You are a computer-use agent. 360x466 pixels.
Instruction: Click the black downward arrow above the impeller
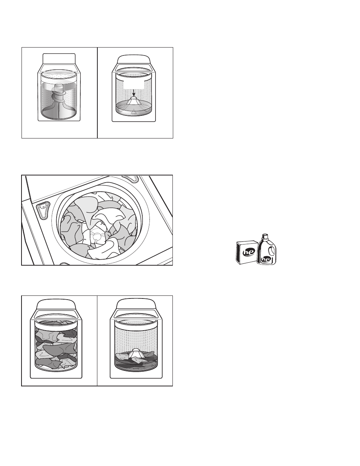click(134, 93)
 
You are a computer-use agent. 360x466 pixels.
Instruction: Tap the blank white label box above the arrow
click(134, 84)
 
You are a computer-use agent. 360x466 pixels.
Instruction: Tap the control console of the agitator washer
click(59, 58)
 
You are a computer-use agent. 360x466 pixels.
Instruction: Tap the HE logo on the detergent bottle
click(266, 259)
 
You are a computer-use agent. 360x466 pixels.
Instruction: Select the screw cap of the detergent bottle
click(265, 236)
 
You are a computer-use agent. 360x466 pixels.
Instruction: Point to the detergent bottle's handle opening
click(271, 250)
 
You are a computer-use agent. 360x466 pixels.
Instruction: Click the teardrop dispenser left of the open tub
click(43, 211)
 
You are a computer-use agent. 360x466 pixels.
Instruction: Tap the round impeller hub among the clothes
click(96, 236)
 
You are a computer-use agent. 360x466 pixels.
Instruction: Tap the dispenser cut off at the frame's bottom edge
click(65, 264)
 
